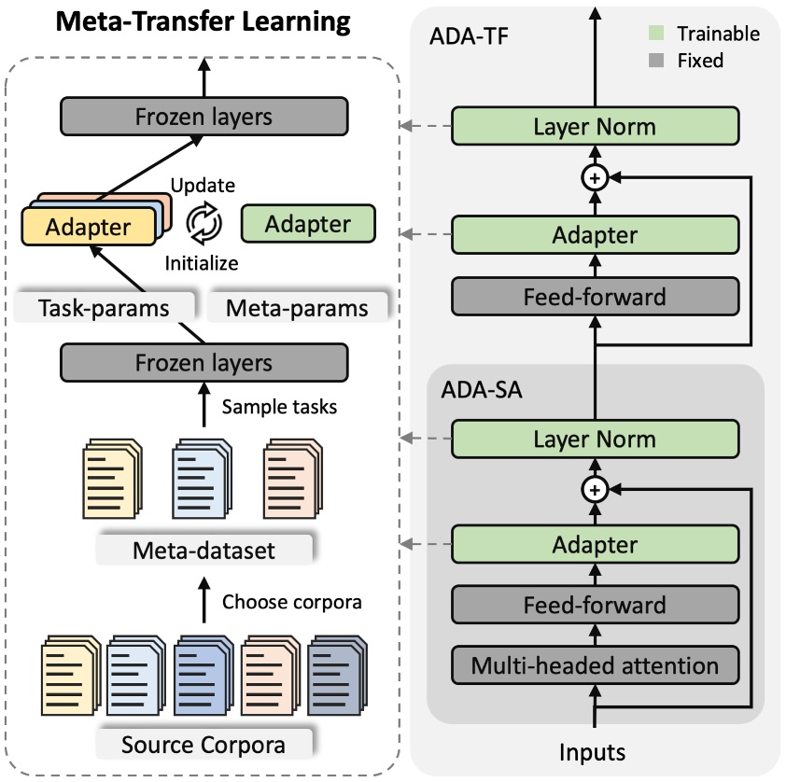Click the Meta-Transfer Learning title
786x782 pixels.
(x=204, y=22)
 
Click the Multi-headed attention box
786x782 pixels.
(x=595, y=666)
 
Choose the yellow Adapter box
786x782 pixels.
(x=89, y=227)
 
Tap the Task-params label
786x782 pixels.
(x=105, y=308)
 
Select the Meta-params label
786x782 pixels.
(x=298, y=308)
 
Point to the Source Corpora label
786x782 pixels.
(x=203, y=745)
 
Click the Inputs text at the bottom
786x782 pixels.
(x=593, y=751)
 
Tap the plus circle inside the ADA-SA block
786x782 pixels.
(x=595, y=488)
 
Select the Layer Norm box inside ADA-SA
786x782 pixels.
(x=595, y=439)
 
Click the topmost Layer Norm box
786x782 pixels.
(x=595, y=126)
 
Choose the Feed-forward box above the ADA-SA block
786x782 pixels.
(x=595, y=297)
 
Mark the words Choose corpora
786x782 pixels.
(x=291, y=602)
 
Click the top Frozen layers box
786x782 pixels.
(x=204, y=117)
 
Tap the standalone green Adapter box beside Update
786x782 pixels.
(x=307, y=224)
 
